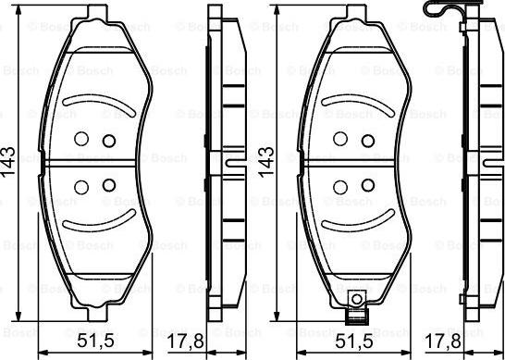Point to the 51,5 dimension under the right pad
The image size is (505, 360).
coord(350,340)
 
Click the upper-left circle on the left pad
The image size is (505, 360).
coord(80,140)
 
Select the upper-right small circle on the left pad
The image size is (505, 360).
coord(108,141)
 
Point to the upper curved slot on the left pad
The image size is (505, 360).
coord(98,100)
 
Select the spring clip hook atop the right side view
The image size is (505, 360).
coord(442,11)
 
